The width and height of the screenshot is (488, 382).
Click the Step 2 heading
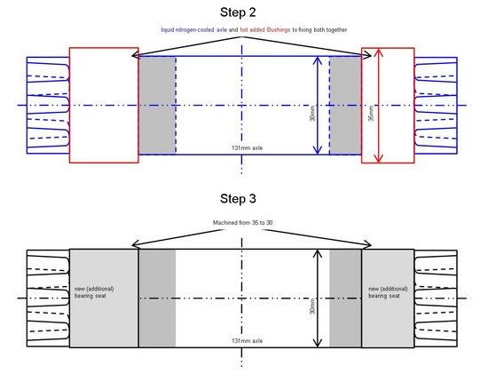pos(238,12)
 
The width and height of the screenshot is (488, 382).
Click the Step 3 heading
pos(238,198)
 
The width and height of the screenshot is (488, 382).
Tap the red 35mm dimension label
pos(371,114)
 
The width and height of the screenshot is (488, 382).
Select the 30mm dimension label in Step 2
pos(312,114)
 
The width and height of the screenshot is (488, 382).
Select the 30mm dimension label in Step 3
pos(312,306)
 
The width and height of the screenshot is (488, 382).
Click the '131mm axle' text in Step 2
pos(248,147)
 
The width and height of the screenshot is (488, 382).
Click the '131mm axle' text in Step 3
pos(248,340)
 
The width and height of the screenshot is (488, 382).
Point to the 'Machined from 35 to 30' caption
pos(243,222)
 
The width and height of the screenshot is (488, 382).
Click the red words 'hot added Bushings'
pos(265,30)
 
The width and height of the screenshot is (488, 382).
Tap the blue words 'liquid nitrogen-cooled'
pos(187,30)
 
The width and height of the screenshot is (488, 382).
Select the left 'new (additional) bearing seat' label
pos(94,292)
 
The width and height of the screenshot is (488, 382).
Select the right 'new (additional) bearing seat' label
pos(388,292)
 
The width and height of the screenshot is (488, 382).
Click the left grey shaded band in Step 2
pos(157,106)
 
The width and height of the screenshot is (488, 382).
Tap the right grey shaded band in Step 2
pos(345,106)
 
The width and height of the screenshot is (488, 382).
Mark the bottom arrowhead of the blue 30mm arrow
pos(317,150)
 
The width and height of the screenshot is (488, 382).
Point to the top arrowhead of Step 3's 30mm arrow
pos(317,253)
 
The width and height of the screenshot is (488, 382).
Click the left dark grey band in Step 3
pos(157,298)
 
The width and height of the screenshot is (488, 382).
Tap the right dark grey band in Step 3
pos(345,298)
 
